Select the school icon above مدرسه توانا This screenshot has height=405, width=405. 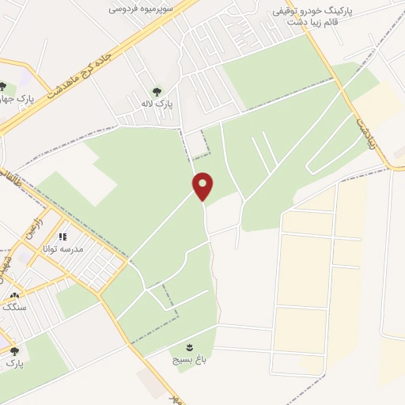[x=62, y=236]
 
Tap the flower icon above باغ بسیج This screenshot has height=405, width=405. [x=189, y=346]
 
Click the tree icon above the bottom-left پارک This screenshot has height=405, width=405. [x=13, y=351]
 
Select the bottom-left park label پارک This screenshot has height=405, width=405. [x=15, y=364]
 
